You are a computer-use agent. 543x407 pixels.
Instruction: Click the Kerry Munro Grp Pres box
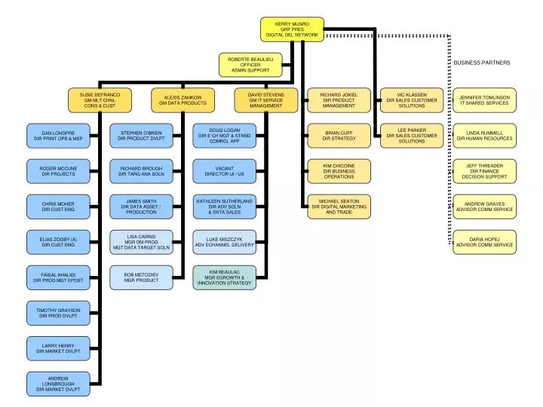point(292,29)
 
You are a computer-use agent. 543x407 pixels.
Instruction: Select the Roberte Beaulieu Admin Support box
point(250,65)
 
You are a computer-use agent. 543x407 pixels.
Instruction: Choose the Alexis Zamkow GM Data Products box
point(183,99)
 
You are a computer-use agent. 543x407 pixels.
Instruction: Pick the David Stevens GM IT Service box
point(265,99)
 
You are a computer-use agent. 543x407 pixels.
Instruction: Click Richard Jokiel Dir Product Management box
point(339,99)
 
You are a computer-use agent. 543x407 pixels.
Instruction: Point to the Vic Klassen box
point(411,99)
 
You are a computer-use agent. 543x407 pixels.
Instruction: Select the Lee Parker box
point(411,135)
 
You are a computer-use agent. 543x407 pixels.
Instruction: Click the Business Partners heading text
point(481,62)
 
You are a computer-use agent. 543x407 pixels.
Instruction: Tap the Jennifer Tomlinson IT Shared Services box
point(484,99)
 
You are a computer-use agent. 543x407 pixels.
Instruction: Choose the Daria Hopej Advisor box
point(484,241)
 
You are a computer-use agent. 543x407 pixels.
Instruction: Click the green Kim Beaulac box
point(224,277)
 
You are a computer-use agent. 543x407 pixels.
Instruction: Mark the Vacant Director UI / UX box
point(224,170)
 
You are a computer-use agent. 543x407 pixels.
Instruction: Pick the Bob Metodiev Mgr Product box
point(141,277)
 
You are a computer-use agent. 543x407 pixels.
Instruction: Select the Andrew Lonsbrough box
point(58,384)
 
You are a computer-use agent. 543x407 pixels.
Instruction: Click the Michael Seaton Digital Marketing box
point(339,206)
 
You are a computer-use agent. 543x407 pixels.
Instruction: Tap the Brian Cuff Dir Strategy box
point(339,135)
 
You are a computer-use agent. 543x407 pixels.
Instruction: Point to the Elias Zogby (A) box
point(58,241)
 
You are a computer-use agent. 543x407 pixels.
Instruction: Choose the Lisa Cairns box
point(141,241)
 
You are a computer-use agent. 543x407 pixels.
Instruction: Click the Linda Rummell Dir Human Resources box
point(484,135)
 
